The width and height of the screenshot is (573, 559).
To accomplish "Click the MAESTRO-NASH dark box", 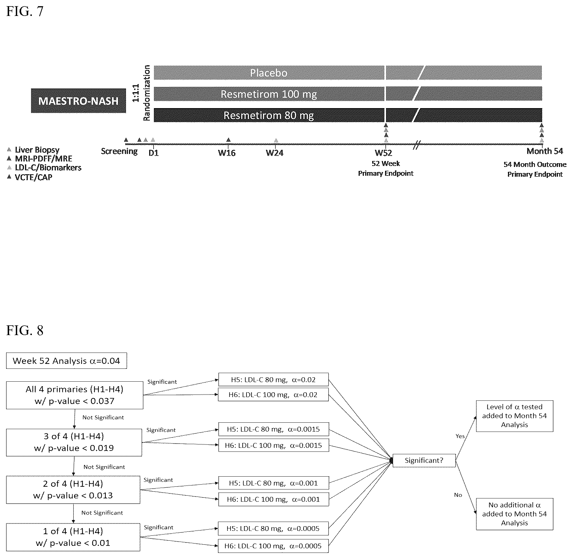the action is [x=78, y=101].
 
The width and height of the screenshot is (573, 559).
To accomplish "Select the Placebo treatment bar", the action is [x=348, y=73].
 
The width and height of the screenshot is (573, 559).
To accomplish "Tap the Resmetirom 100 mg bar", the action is [x=348, y=94].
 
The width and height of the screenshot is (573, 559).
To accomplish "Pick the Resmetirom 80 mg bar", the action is [x=348, y=115].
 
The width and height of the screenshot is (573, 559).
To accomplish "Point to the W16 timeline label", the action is [x=227, y=153].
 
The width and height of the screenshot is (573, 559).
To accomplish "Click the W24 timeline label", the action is [x=275, y=153].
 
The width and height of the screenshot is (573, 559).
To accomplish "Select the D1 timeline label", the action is [x=154, y=153].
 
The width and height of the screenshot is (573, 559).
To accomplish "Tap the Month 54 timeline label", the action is [x=545, y=151].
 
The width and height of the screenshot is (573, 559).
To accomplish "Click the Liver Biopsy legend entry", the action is [x=33, y=150].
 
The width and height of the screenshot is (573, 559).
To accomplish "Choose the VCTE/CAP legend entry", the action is [x=30, y=177].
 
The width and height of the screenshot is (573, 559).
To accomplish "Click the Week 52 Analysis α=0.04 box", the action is [x=67, y=361].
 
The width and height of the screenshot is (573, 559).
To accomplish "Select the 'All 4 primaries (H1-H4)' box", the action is [x=74, y=395].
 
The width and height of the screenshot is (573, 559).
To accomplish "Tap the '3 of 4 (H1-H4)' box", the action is [x=74, y=442].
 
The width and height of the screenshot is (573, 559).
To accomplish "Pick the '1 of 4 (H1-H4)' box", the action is [x=73, y=537].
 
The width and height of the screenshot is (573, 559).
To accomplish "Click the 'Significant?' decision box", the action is [x=424, y=460].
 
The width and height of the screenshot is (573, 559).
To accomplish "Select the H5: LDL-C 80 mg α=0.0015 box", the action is [x=273, y=429].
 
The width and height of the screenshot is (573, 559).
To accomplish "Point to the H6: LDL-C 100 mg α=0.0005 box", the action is [x=273, y=546].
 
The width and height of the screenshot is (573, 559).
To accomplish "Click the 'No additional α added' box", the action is [x=514, y=514].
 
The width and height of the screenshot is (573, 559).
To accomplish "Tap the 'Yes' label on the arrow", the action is [x=460, y=436].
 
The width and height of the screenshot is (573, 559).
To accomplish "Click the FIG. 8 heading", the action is [x=25, y=330].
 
